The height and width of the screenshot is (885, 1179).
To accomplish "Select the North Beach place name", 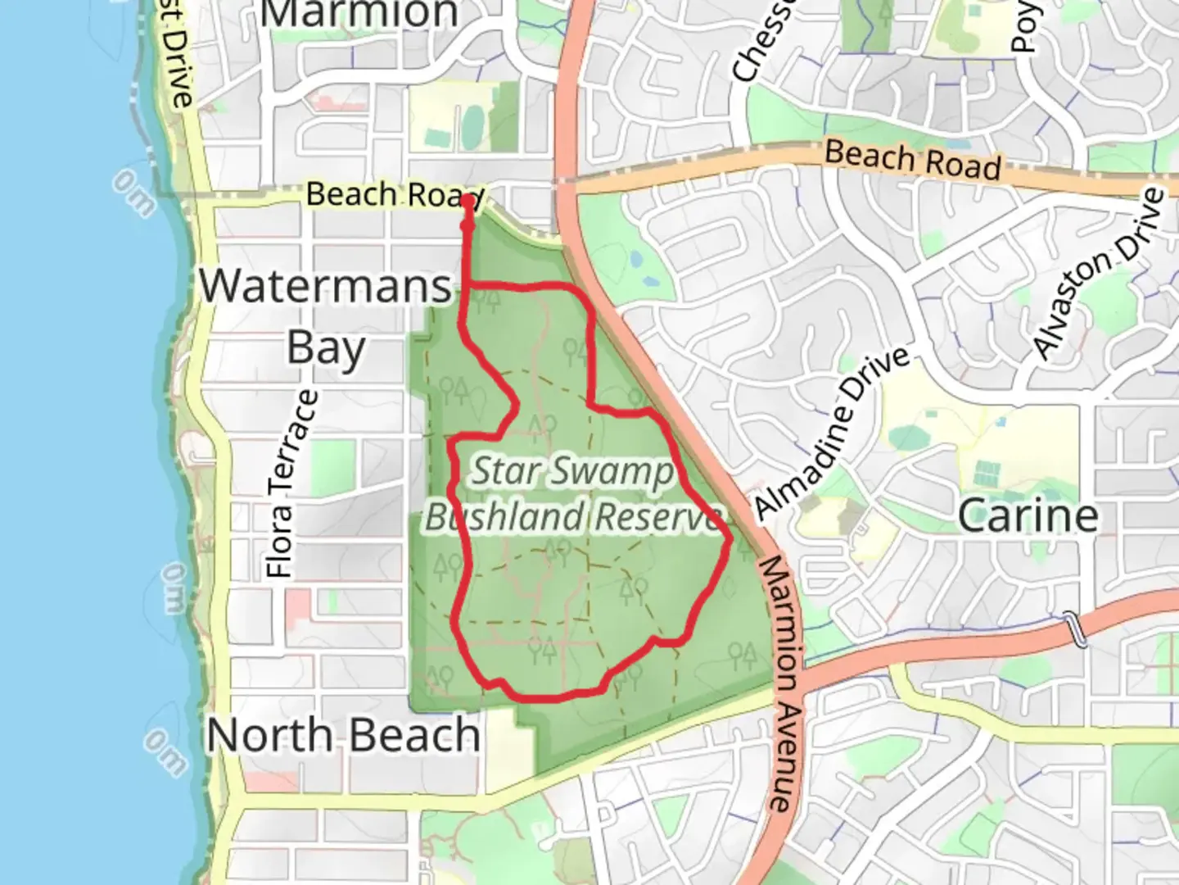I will pyautogui.click(x=343, y=735).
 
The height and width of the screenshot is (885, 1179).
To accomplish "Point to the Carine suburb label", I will pyautogui.click(x=1028, y=516).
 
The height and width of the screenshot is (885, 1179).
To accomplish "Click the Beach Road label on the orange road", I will pyautogui.click(x=912, y=160).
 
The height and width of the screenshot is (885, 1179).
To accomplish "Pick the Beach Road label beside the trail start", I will pyautogui.click(x=393, y=195).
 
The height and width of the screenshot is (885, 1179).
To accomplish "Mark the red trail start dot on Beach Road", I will pyautogui.click(x=467, y=200).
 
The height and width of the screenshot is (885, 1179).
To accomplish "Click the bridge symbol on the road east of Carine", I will pyautogui.click(x=1075, y=629).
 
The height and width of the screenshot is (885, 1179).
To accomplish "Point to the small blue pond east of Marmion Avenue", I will pyautogui.click(x=636, y=261).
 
